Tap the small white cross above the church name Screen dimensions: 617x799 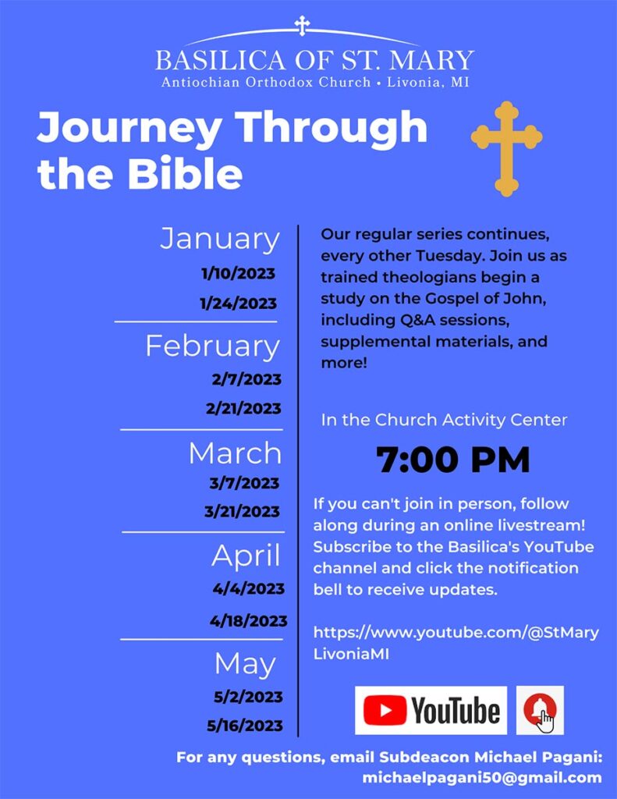pos(302,26)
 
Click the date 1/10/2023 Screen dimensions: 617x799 pos(238,274)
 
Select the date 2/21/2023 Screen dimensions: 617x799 pos(243,408)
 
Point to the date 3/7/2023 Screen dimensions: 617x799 pos(244,482)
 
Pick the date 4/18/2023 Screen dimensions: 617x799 pos(249,620)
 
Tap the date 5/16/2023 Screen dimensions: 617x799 pos(245,725)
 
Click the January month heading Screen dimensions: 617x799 pos(220,239)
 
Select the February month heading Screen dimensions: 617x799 pos(212,346)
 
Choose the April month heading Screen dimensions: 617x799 pos(246,556)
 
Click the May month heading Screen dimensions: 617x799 pos(245,664)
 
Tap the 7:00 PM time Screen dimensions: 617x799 pos(453,460)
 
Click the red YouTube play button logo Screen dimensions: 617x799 pos(385,710)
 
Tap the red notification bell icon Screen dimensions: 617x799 pos(540,710)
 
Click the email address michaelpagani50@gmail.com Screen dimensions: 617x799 pos(482,778)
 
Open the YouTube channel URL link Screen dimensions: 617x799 pos(456,643)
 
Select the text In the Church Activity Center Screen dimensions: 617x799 pos(444,420)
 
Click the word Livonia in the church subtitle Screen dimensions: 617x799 pos(414,82)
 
